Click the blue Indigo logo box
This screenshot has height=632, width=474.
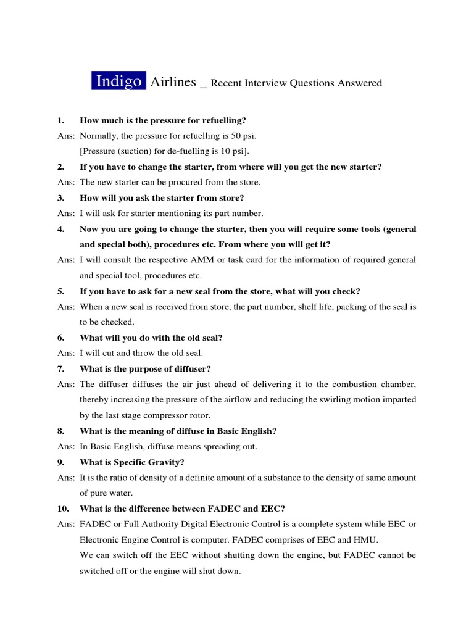click(119, 81)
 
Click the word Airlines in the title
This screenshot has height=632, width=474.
click(173, 81)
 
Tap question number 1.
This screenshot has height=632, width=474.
click(60, 120)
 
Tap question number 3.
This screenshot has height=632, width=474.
click(60, 198)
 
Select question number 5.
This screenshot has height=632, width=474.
click(60, 291)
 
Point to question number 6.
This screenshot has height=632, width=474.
click(60, 338)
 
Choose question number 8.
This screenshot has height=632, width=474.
click(60, 431)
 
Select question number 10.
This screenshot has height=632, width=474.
click(62, 509)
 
